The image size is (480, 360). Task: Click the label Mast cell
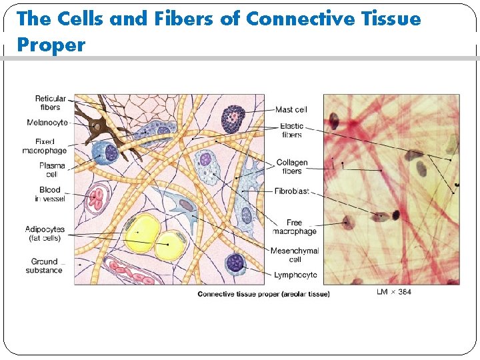point(291,110)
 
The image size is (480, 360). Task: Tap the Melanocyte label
point(47,123)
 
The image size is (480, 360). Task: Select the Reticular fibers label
point(50,103)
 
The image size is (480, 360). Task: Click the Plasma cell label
point(52,169)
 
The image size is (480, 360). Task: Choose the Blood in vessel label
point(50,194)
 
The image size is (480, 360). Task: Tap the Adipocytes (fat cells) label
point(45,233)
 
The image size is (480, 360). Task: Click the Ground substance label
point(45,266)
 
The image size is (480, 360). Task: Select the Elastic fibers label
point(291,130)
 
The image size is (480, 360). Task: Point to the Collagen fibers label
point(292,167)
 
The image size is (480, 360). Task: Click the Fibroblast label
point(291,191)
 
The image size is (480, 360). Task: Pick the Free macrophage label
point(294,227)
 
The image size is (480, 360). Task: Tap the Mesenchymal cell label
point(294,255)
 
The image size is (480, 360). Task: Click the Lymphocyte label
point(295,275)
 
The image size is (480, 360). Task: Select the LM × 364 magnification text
point(394,292)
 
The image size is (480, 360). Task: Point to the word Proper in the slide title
point(51,45)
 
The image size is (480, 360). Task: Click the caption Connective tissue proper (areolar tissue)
point(263,294)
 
